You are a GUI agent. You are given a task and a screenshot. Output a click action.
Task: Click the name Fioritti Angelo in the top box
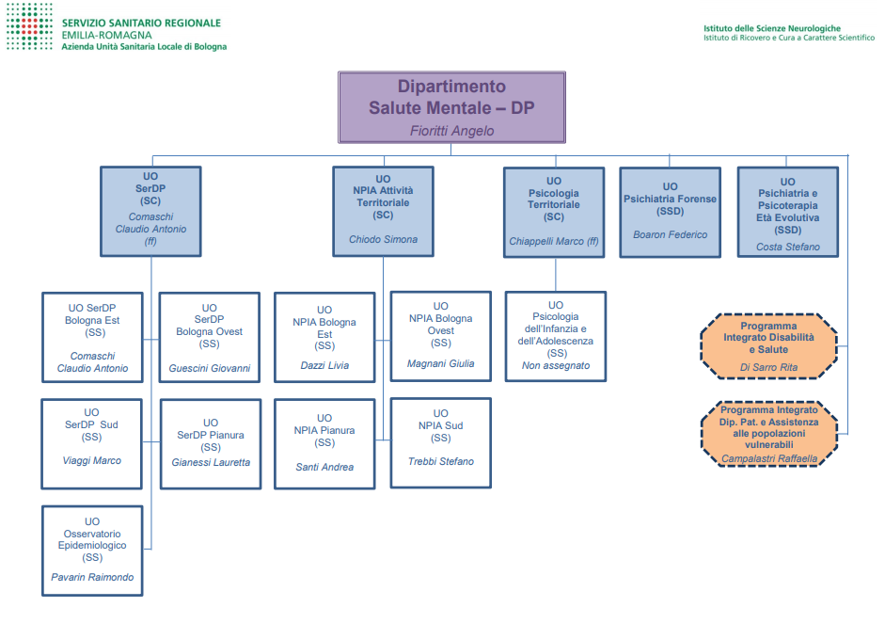(451, 131)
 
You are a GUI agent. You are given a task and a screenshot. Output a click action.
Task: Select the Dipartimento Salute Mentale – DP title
(451, 97)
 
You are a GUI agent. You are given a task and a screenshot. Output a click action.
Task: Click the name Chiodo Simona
(383, 239)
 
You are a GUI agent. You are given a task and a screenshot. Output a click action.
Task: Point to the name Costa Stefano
(787, 248)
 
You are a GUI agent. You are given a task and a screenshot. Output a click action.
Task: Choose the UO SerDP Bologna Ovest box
(209, 337)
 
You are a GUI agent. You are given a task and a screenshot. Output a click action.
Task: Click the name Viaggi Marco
(92, 460)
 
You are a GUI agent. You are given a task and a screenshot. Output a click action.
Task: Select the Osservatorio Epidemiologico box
(92, 550)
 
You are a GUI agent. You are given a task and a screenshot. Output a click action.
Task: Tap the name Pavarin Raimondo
(92, 577)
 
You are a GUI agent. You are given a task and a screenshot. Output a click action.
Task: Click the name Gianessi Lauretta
(211, 462)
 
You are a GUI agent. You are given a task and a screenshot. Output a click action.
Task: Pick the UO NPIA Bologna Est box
(324, 336)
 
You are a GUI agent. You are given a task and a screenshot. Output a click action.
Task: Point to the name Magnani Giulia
(440, 363)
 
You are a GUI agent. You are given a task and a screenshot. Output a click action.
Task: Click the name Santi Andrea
(324, 467)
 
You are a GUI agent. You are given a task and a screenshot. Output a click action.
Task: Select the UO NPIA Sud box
(440, 442)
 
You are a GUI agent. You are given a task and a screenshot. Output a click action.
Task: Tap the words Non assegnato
(556, 365)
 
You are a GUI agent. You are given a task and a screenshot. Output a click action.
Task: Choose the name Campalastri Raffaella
(769, 459)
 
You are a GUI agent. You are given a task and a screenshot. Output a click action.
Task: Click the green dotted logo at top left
(29, 26)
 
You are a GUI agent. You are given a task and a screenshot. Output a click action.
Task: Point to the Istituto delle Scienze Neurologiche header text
(772, 28)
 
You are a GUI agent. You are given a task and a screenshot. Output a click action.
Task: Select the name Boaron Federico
(670, 234)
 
